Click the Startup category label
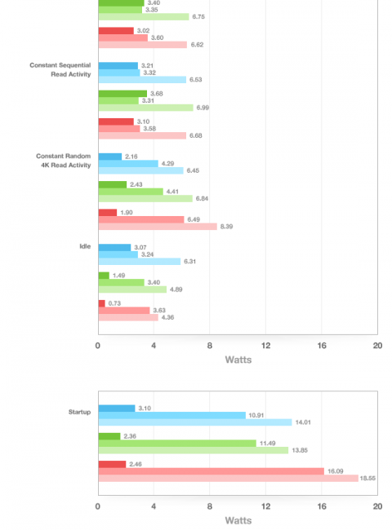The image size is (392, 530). (x=79, y=412)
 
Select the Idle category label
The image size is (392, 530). (x=85, y=246)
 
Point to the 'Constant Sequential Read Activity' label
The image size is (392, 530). (x=60, y=69)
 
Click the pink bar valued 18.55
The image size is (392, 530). (x=228, y=479)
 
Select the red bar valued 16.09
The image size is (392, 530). (x=212, y=471)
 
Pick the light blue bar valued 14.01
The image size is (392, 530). (x=195, y=422)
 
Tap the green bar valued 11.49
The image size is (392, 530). (x=177, y=443)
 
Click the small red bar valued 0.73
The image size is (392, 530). (x=102, y=303)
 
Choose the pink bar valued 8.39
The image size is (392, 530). (x=158, y=227)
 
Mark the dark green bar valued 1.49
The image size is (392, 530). (x=104, y=276)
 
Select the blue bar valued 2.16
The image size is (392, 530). (x=110, y=157)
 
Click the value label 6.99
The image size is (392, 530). (x=203, y=108)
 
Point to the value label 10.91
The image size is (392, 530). (x=256, y=415)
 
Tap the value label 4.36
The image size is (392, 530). (x=167, y=317)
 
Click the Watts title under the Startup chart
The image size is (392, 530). (x=238, y=520)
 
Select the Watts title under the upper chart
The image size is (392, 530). (x=238, y=360)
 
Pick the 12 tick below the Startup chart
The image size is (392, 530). (x=265, y=506)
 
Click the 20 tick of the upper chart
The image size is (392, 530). (x=378, y=346)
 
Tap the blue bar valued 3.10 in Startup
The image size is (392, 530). (x=117, y=409)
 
